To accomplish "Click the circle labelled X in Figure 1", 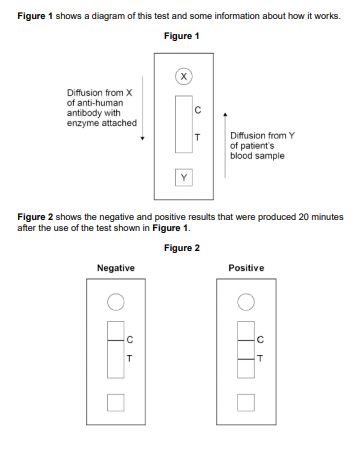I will (182, 76).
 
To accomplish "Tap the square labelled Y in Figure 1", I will (182, 178).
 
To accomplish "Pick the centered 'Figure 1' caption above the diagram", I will (182, 36).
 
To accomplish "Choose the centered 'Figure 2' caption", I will (182, 247).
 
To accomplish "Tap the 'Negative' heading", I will (116, 268).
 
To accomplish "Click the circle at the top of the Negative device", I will (116, 301).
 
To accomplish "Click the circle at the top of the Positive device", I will (246, 301).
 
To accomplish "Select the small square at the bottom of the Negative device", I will (116, 403).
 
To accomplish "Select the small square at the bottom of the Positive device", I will (246, 403).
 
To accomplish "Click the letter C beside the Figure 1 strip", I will (197, 109).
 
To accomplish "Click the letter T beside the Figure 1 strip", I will (197, 136).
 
